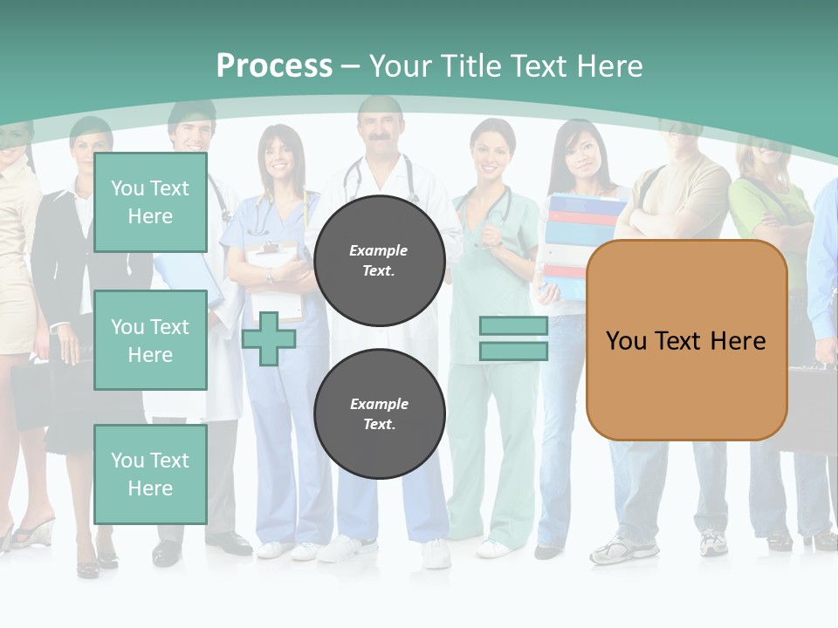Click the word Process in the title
tap(274, 66)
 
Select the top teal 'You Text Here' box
tap(150, 202)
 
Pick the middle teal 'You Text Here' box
tap(150, 340)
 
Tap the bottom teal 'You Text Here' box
tap(150, 474)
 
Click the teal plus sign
tap(269, 339)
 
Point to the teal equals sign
tap(513, 338)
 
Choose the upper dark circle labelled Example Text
tap(379, 261)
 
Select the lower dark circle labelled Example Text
tap(379, 414)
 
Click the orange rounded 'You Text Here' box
tap(686, 340)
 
